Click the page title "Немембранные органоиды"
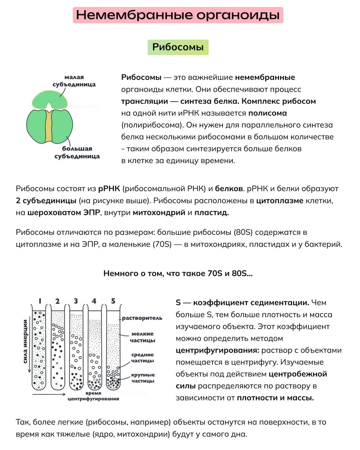point(178,15)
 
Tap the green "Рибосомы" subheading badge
point(178,47)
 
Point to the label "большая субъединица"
point(77,152)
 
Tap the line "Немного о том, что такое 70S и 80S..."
point(178,273)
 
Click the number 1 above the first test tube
point(39,301)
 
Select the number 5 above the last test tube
point(113,301)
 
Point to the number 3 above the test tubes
point(76,301)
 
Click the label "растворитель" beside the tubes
point(142,318)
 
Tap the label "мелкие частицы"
point(143,337)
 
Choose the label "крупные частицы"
point(143,378)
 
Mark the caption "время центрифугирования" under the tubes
point(93,396)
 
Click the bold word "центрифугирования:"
point(217,350)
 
